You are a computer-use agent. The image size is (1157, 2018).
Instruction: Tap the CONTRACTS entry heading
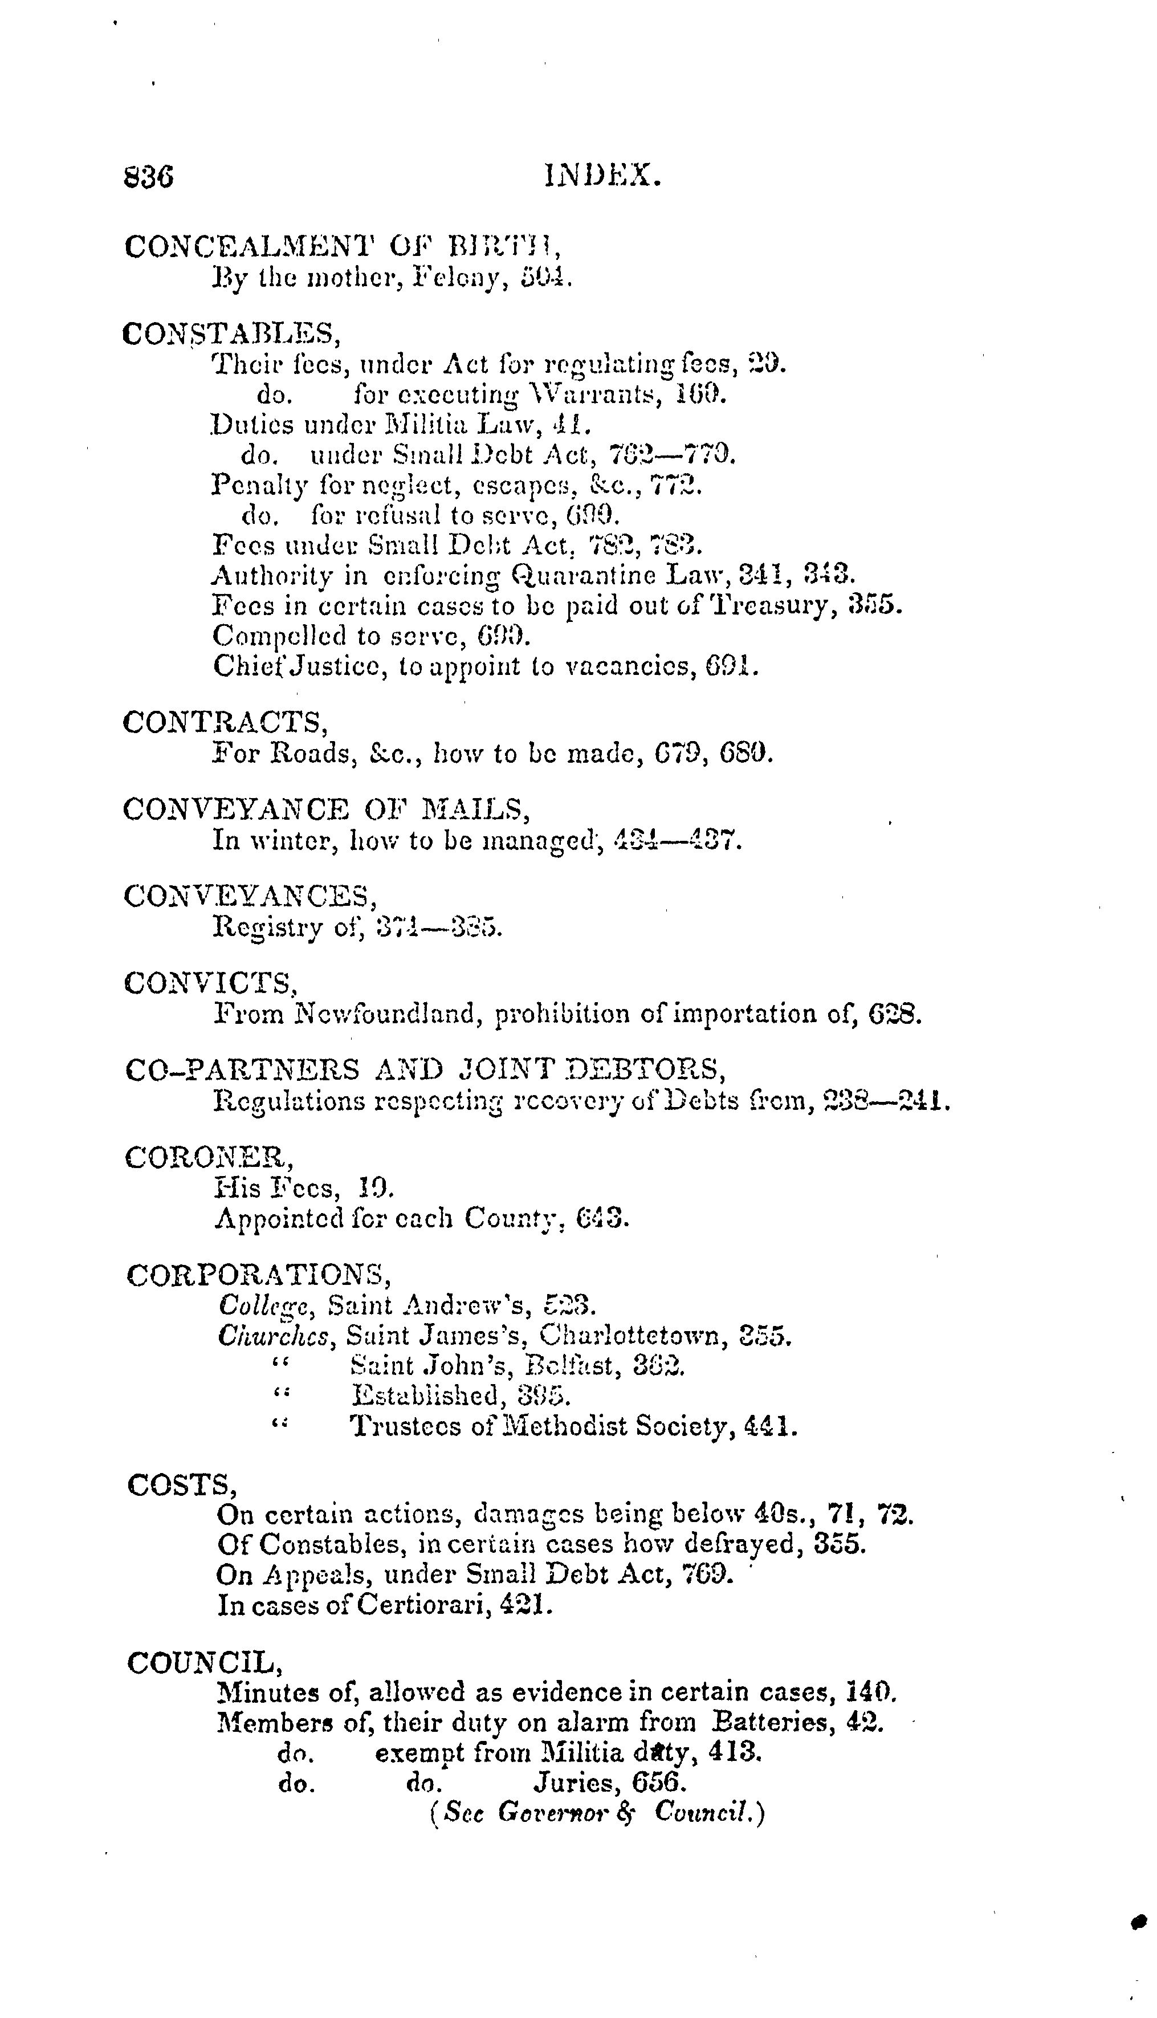pos(226,722)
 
